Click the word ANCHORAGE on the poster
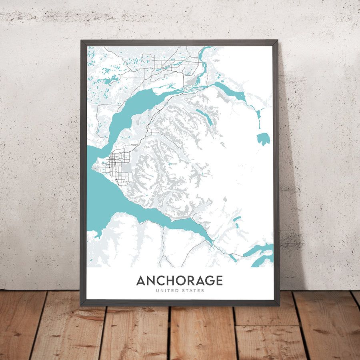click(x=179, y=280)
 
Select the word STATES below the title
click(x=193, y=291)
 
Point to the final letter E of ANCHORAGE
click(x=219, y=280)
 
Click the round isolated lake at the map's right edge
click(x=263, y=139)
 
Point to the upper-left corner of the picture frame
click(x=81, y=41)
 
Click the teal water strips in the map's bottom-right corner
click(x=260, y=256)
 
